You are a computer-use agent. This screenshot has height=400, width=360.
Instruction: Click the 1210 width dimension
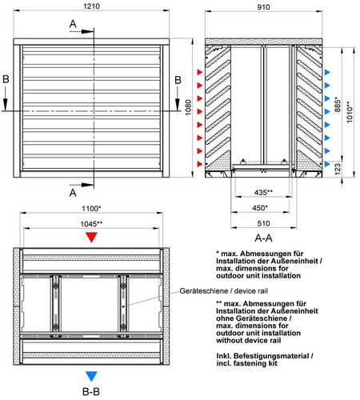point(91,6)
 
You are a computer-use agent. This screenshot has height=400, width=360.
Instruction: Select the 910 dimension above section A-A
point(263,7)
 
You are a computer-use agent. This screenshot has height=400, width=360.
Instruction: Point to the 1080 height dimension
point(188,107)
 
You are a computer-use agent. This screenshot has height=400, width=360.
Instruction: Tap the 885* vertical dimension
point(338,104)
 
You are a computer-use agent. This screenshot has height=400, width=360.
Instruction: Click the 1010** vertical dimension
point(350,112)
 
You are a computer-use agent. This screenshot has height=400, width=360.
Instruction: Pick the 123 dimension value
point(338,169)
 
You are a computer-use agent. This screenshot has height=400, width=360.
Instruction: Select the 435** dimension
point(263,192)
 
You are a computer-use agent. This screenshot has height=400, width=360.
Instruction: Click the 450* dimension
point(260,208)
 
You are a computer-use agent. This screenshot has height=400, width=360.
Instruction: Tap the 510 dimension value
point(263,223)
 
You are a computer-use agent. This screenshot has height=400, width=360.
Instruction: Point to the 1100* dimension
point(91,208)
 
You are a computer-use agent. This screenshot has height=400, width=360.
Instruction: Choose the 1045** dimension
point(91,224)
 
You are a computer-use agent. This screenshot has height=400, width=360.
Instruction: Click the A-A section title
point(263,238)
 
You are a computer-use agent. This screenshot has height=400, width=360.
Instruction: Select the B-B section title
point(91,392)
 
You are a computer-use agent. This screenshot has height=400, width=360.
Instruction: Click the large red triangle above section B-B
point(91,237)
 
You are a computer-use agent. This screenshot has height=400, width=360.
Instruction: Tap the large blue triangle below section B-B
point(91,376)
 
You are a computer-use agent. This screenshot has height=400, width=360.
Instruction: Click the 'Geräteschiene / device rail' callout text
point(223,291)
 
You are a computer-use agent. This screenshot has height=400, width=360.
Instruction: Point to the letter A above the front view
point(73,24)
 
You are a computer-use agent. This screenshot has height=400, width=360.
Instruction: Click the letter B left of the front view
point(6,79)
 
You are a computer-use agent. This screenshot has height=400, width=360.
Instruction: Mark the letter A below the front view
point(73,193)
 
